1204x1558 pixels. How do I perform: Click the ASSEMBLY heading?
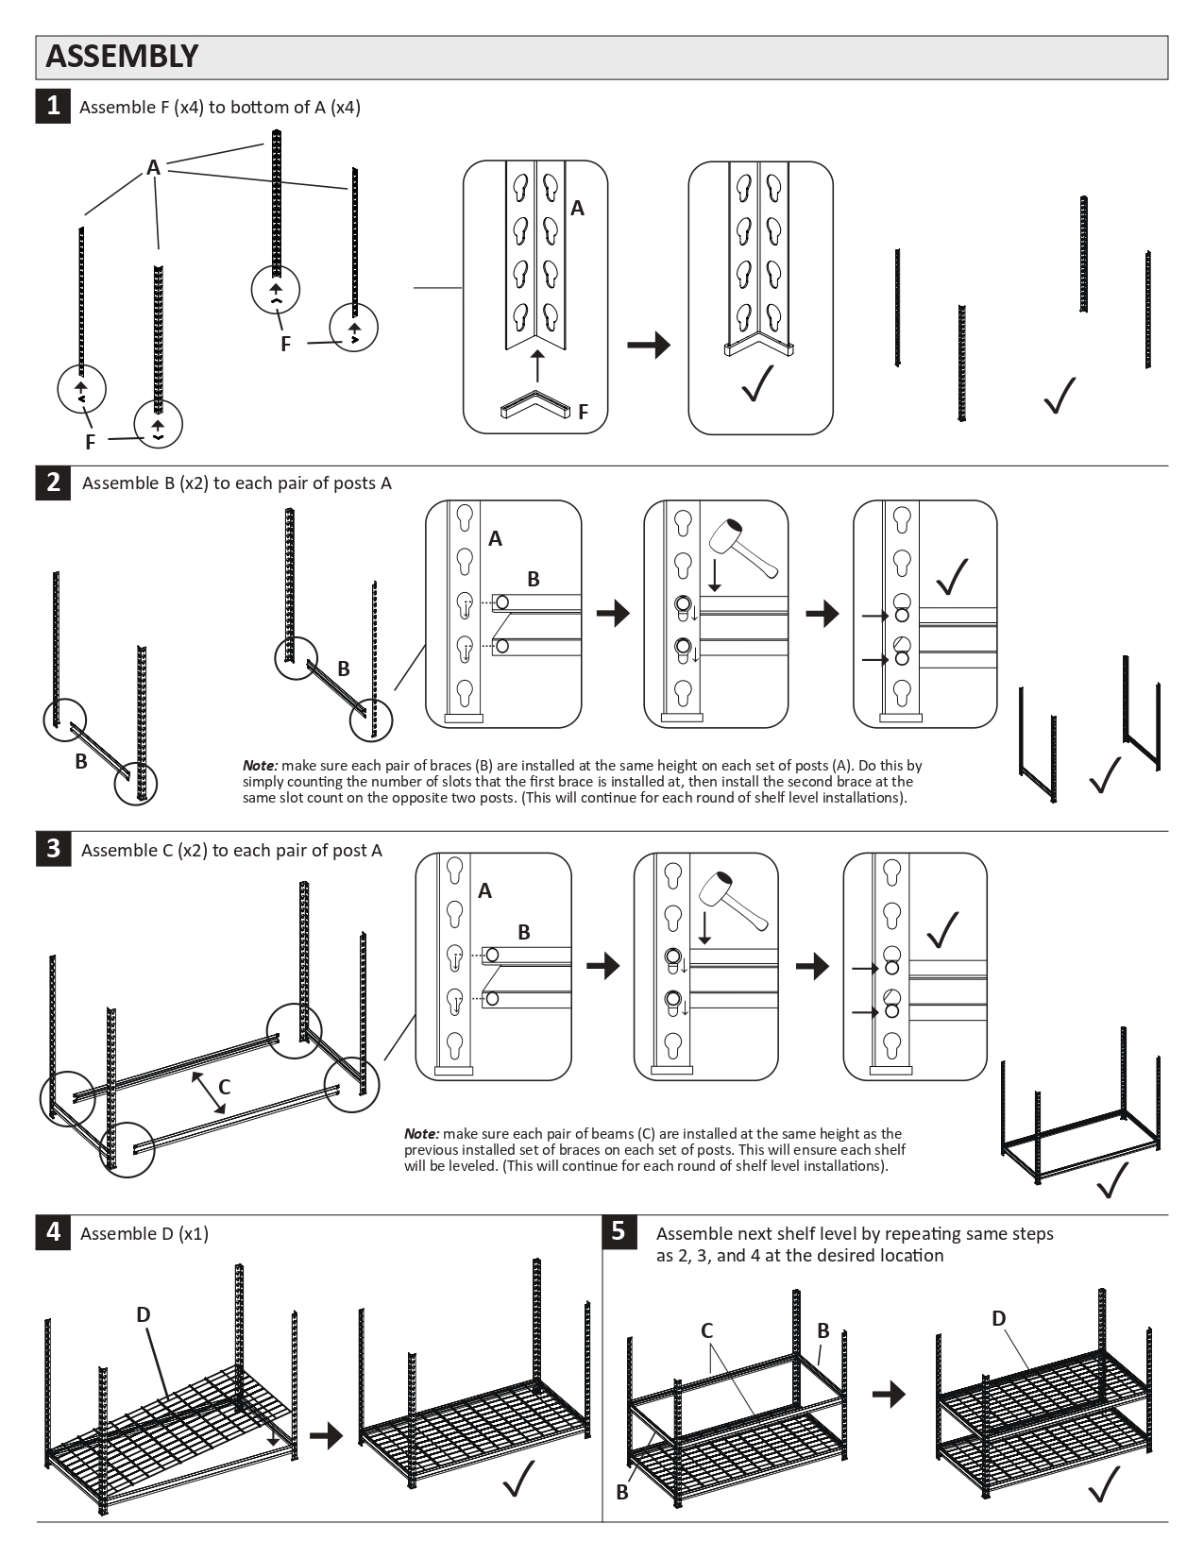pos(122,57)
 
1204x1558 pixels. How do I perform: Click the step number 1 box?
pos(53,106)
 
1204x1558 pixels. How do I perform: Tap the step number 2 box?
pos(53,482)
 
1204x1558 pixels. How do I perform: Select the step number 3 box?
pos(53,848)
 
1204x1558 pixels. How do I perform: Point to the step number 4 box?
pos(53,1231)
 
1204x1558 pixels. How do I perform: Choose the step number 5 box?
pos(619,1231)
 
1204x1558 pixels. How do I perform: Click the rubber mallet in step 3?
pos(734,901)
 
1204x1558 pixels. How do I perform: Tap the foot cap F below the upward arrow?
pos(535,406)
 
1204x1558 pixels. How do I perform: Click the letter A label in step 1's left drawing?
pos(153,168)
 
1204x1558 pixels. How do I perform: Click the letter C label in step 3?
pos(225,1087)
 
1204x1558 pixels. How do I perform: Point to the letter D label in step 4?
pos(144,1314)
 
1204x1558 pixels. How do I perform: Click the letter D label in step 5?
pos(999,1318)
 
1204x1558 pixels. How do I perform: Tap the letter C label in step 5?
pos(706,1330)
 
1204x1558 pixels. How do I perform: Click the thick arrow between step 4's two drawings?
pos(326,1435)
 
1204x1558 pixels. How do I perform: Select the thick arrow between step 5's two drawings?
pos(889,1394)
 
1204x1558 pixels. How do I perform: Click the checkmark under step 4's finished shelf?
pos(518,1479)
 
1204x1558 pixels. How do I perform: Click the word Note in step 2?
pos(259,766)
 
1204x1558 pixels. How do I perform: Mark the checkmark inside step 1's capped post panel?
pos(758,382)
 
